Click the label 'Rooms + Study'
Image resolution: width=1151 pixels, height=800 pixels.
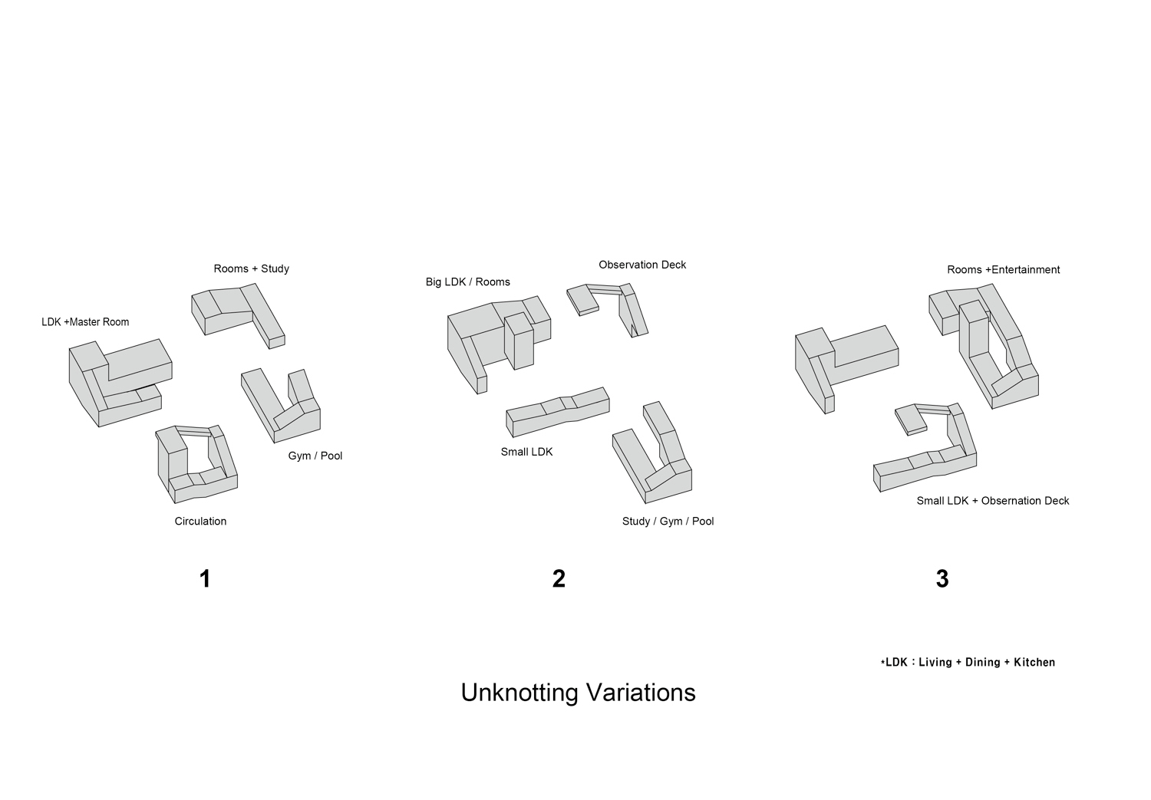pyautogui.click(x=251, y=269)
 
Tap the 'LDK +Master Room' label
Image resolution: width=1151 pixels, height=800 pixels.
pyautogui.click(x=85, y=322)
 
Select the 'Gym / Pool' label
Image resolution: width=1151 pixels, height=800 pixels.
pyautogui.click(x=315, y=456)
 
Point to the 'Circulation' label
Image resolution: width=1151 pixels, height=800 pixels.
pyautogui.click(x=200, y=522)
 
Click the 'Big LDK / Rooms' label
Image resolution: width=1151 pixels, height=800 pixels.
pyautogui.click(x=468, y=282)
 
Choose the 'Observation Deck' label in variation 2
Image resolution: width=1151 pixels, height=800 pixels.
pyautogui.click(x=642, y=265)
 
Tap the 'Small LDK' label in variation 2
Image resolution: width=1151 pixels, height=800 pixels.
pyautogui.click(x=526, y=453)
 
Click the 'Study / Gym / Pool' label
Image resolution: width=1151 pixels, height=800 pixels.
pyautogui.click(x=668, y=522)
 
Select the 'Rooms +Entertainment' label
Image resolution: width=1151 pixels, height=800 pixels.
pyautogui.click(x=1003, y=270)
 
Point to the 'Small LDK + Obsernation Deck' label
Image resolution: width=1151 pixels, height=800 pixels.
pyautogui.click(x=992, y=502)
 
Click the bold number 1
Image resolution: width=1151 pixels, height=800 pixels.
pyautogui.click(x=205, y=579)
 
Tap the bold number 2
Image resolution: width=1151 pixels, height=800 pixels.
pyautogui.click(x=559, y=579)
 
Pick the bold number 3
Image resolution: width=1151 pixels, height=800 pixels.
pyautogui.click(x=942, y=579)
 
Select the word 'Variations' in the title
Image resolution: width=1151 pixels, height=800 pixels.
pyautogui.click(x=641, y=693)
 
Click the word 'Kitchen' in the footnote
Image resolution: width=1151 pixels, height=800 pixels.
pyautogui.click(x=1034, y=663)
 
